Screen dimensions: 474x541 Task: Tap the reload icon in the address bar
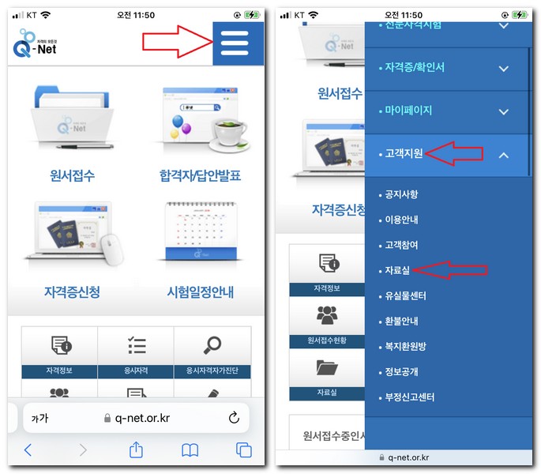click(x=233, y=418)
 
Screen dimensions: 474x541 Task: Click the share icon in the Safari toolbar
click(x=136, y=450)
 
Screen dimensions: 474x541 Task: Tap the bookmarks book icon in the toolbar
click(x=190, y=450)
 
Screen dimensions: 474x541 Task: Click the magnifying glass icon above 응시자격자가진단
click(x=212, y=345)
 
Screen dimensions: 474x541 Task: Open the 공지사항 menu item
click(x=401, y=194)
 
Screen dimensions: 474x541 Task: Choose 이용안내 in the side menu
click(x=401, y=220)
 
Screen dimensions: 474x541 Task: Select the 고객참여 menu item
click(x=401, y=245)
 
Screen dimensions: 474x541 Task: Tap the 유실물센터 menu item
click(x=405, y=295)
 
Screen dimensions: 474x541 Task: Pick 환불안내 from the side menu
click(x=401, y=321)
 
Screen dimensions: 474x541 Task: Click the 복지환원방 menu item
click(x=405, y=346)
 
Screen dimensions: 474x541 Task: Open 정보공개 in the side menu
click(x=401, y=371)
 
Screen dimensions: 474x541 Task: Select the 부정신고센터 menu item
click(x=409, y=397)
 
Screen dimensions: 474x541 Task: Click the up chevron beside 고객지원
click(x=503, y=155)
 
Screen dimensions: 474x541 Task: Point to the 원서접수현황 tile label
click(x=325, y=341)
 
